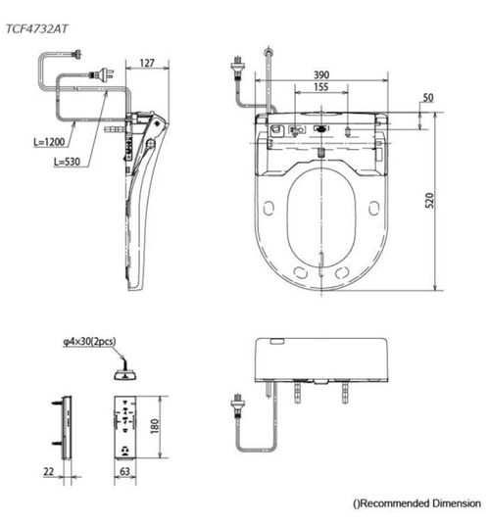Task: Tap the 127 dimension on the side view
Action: coord(147,65)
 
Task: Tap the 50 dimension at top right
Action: coord(428,97)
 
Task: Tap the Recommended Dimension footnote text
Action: coord(418,502)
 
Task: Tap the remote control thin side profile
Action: coord(67,427)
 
